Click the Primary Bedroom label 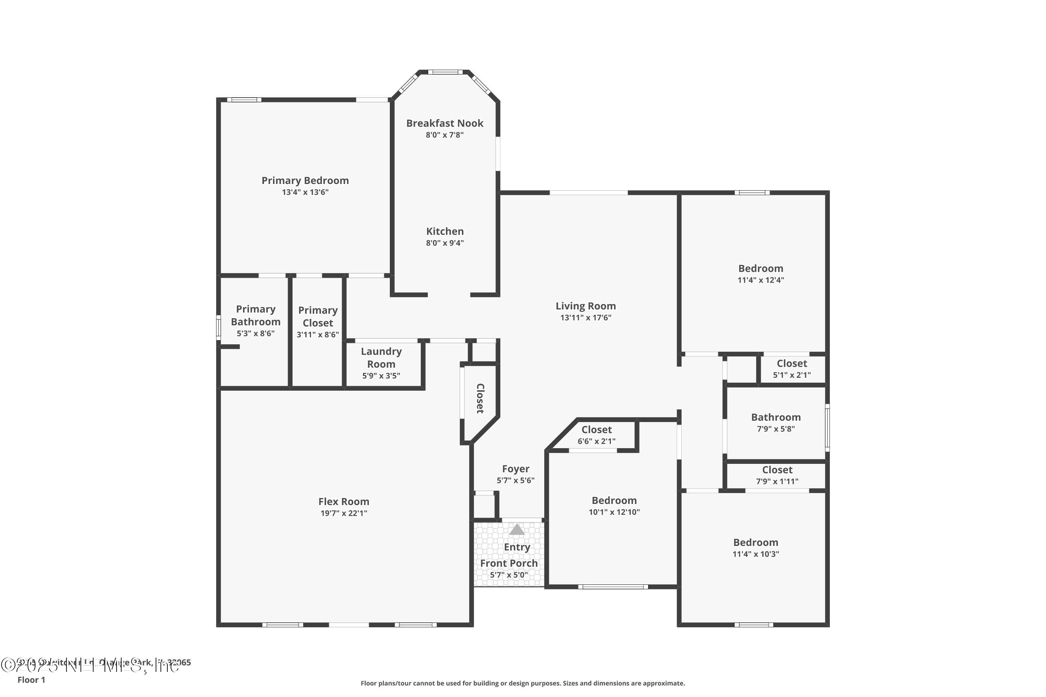tap(305, 181)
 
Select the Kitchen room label tap(445, 231)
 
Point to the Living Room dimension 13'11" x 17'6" tap(585, 317)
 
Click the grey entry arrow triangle tap(516, 529)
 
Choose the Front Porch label tap(509, 563)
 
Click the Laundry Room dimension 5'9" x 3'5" tap(381, 376)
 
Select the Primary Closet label tap(318, 316)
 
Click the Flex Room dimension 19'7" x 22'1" tap(343, 513)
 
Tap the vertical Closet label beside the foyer tap(480, 398)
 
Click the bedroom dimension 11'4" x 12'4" tap(760, 280)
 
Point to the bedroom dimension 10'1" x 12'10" tap(614, 512)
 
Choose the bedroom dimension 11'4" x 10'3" tap(756, 554)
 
